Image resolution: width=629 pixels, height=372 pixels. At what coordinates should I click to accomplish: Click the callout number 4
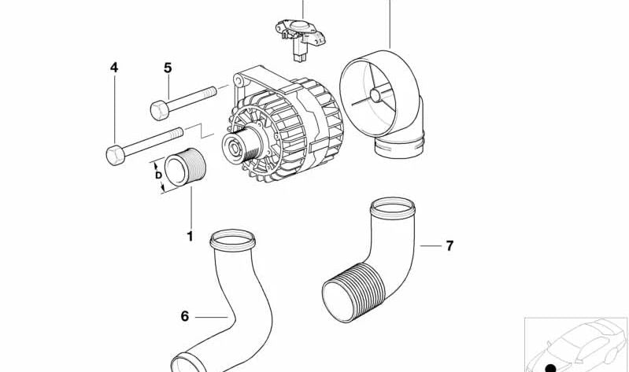pos(114,68)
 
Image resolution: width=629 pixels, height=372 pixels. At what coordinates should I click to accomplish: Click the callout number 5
pos(168,68)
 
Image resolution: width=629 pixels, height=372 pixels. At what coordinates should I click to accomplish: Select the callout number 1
pos(189,236)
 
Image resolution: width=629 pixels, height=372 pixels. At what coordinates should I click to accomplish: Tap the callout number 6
pos(185,316)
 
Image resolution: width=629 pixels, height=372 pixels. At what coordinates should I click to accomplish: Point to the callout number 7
pos(450,246)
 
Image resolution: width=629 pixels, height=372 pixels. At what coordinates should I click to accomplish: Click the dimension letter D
pos(158,175)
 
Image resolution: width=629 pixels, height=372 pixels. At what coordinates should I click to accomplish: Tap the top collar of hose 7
pos(391,208)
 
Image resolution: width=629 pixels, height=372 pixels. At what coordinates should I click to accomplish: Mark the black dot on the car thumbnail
pos(551,366)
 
